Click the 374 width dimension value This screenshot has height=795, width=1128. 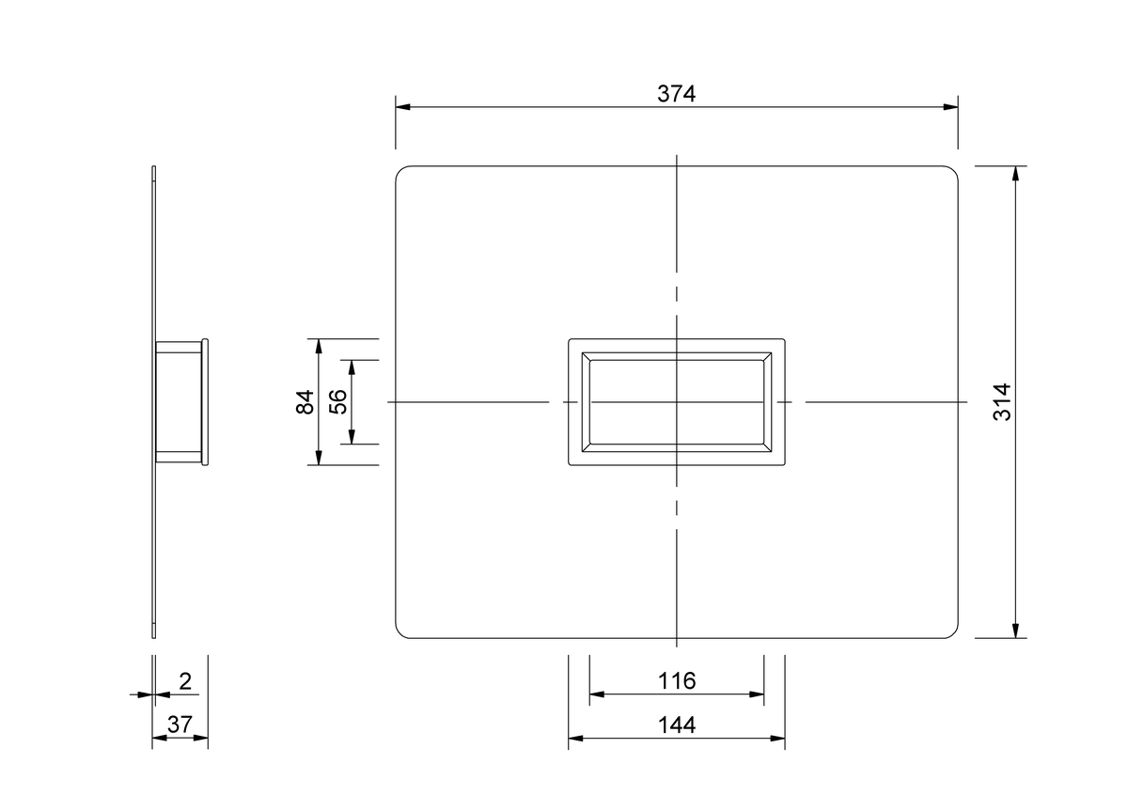click(x=676, y=94)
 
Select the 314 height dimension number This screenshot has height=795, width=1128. click(x=1002, y=402)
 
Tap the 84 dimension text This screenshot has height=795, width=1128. click(x=305, y=402)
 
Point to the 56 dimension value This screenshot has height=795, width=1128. click(x=338, y=402)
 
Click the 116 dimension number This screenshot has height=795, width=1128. click(x=677, y=680)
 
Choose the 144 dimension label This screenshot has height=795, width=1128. click(x=677, y=725)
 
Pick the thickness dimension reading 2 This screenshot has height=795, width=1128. click(x=185, y=681)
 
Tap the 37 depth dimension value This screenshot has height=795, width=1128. click(x=180, y=725)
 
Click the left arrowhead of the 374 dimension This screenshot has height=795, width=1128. click(x=403, y=107)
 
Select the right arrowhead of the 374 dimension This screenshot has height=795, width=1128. click(x=950, y=107)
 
